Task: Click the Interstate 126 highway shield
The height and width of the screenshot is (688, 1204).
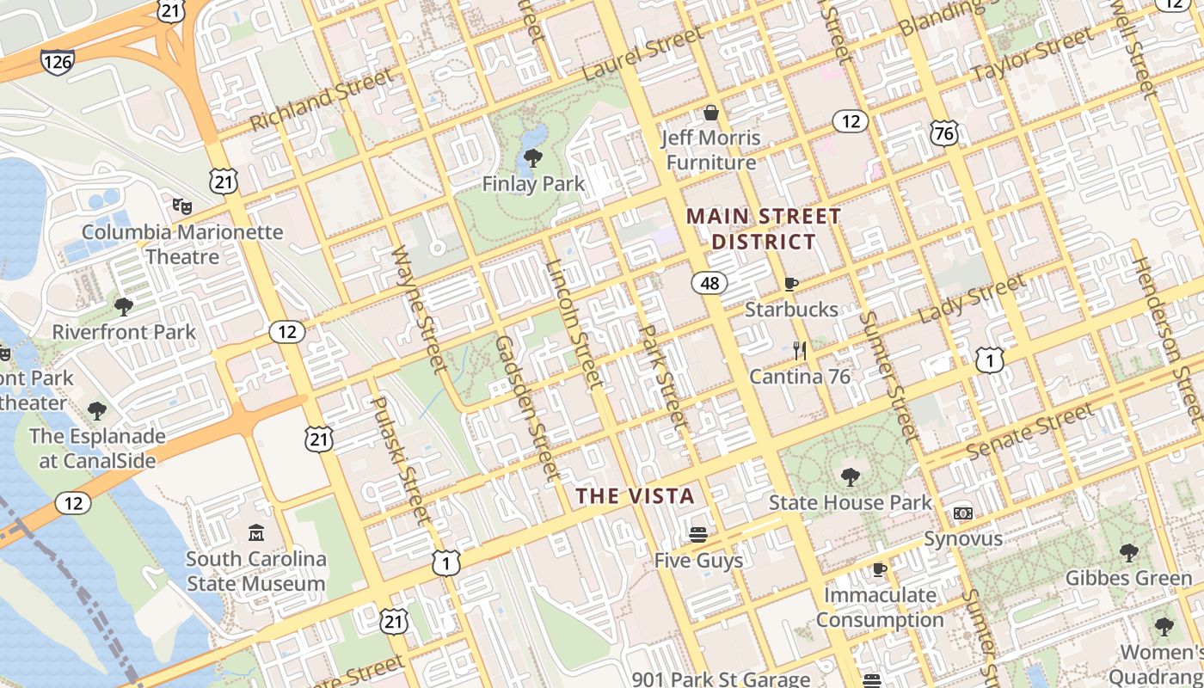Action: click(57, 60)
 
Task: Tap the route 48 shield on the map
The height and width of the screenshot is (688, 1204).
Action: click(709, 283)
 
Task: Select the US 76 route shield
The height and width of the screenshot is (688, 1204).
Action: click(943, 132)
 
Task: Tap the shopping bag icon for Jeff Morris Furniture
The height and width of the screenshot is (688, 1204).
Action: click(711, 113)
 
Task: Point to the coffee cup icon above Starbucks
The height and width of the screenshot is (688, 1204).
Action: click(791, 284)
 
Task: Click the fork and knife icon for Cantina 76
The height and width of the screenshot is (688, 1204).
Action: click(800, 350)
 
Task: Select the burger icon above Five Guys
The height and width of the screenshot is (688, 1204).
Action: click(697, 535)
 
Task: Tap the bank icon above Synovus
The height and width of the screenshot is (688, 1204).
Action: click(962, 513)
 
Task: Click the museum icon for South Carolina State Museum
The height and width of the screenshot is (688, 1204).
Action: click(255, 534)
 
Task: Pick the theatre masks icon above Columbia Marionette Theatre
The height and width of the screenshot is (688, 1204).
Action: click(181, 206)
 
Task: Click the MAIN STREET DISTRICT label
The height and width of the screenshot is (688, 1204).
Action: click(764, 229)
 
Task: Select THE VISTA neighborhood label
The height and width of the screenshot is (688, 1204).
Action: click(635, 496)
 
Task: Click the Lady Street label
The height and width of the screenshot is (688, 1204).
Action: click(972, 298)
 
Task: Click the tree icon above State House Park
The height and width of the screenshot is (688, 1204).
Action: click(850, 476)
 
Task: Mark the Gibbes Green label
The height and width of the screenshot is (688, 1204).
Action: click(1128, 578)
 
